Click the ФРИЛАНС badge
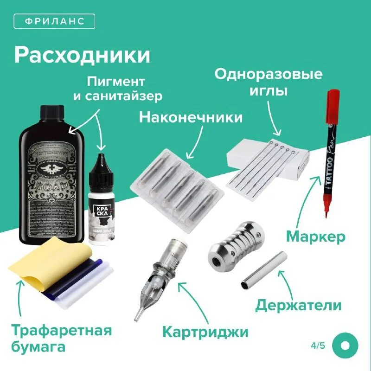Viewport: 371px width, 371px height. click(54, 21)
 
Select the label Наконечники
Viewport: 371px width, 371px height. click(191, 117)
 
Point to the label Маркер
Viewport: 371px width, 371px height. click(316, 237)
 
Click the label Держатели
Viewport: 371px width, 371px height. click(299, 305)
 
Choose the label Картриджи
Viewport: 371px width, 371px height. click(205, 332)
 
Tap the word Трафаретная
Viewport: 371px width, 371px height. click(61, 331)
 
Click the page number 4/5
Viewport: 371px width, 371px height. click(319, 346)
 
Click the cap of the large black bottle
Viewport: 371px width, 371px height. click(52, 112)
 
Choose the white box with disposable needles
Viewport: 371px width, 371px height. click(269, 167)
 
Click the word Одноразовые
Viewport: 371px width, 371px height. click(268, 74)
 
